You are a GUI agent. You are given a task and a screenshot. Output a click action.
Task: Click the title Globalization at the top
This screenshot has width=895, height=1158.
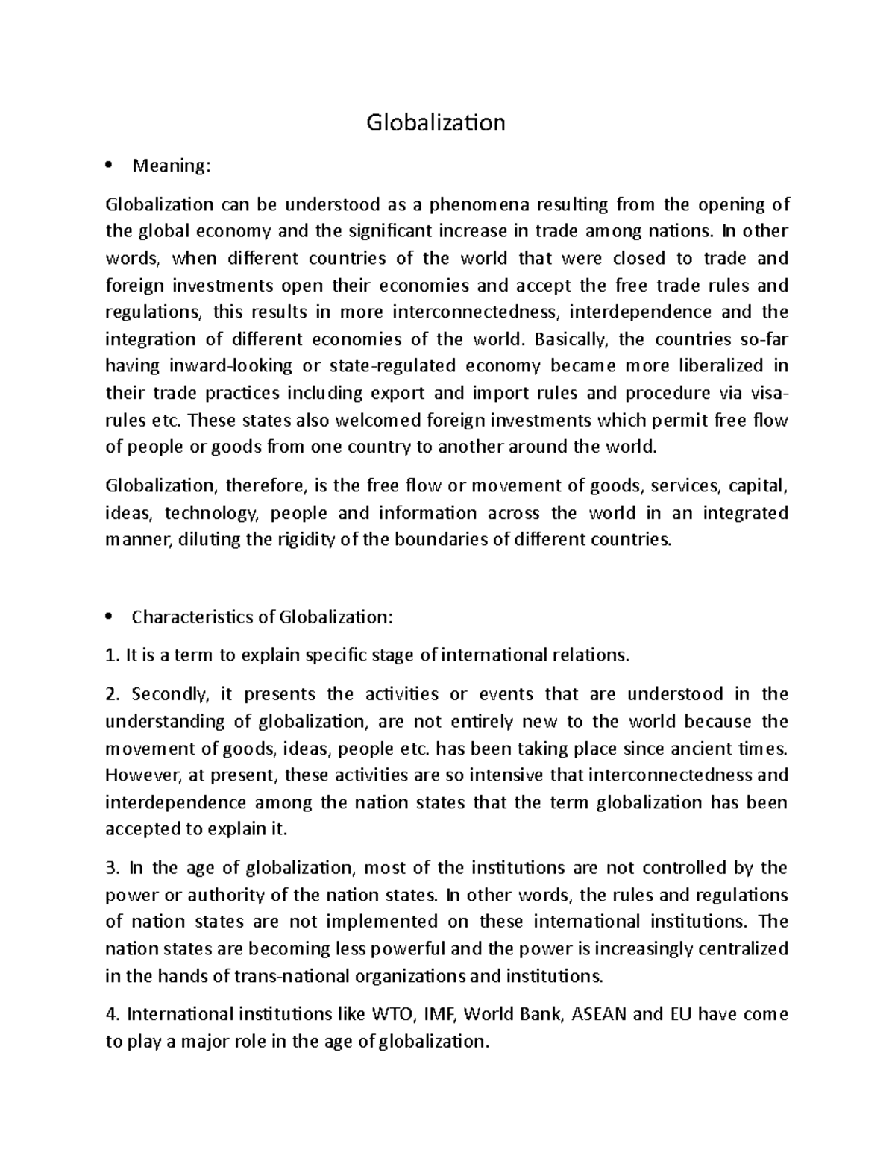436,122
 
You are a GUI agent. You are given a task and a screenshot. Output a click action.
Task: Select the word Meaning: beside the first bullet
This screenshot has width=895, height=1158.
172,166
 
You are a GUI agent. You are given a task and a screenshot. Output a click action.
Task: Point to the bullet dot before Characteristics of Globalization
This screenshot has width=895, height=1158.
110,617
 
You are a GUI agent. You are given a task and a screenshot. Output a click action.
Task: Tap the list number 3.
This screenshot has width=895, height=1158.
112,868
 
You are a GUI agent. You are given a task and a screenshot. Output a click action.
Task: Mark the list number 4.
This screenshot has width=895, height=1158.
112,1015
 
